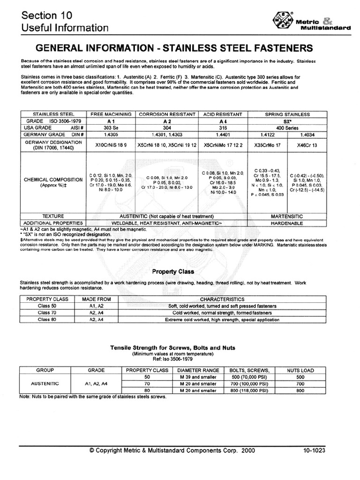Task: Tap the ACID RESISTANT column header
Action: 222,114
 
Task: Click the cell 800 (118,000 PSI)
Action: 253,390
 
